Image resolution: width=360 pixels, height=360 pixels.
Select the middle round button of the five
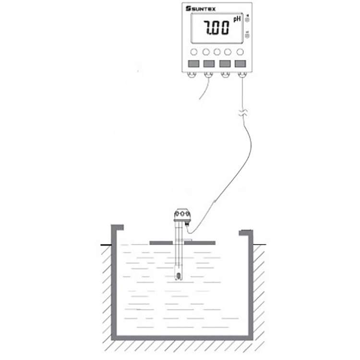217,51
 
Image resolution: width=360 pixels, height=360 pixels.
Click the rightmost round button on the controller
240,51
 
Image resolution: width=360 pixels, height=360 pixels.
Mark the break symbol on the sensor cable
243,113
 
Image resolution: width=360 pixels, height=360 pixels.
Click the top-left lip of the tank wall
117,228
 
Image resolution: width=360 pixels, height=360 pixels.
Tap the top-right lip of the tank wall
246,233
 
